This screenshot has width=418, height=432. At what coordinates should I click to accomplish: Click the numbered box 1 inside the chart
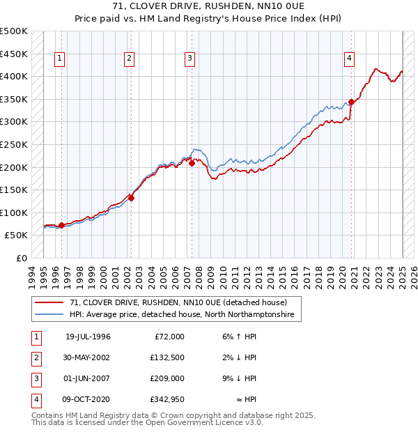[x=61, y=59]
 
